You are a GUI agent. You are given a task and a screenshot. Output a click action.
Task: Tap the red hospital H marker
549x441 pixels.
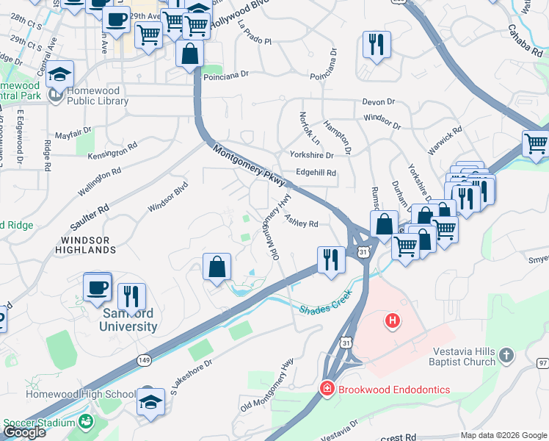coord(393,320)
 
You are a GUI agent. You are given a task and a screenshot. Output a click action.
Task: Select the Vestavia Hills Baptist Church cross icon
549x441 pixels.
coord(506,356)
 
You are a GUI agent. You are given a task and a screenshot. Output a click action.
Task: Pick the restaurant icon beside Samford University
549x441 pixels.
coord(131,295)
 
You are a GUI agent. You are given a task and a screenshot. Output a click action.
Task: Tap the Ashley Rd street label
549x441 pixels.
coord(302,221)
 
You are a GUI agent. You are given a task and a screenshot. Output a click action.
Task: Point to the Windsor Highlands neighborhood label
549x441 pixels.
coord(85,245)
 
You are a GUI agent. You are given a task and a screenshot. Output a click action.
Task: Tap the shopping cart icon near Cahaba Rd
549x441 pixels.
coord(537,143)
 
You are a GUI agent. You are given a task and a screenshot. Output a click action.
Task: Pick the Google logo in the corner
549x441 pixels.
coord(23,431)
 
